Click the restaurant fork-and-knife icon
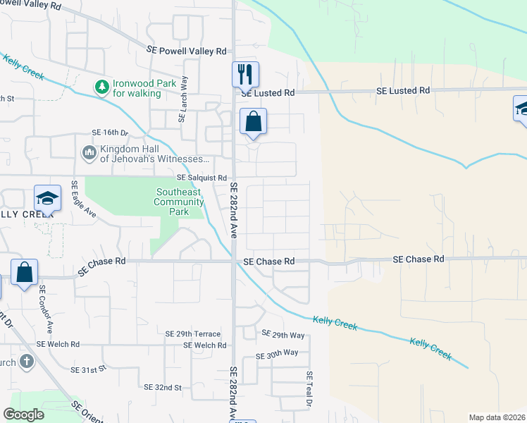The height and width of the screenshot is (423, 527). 245,73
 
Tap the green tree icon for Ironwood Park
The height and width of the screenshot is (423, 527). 102,87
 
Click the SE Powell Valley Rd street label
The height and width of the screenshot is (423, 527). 187,51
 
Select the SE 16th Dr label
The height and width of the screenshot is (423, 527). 111,133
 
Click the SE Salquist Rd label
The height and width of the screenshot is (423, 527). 202,178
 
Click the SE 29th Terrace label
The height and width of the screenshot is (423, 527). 192,333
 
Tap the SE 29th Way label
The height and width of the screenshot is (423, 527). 283,333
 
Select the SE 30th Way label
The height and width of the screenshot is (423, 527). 277,353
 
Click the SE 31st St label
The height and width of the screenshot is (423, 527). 88,369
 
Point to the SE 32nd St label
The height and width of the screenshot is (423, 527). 163,387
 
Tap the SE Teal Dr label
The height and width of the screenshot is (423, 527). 309,388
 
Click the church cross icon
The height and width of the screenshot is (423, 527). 26,362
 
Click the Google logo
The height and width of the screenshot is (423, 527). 24,415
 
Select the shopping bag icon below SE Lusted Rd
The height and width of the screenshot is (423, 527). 253,121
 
